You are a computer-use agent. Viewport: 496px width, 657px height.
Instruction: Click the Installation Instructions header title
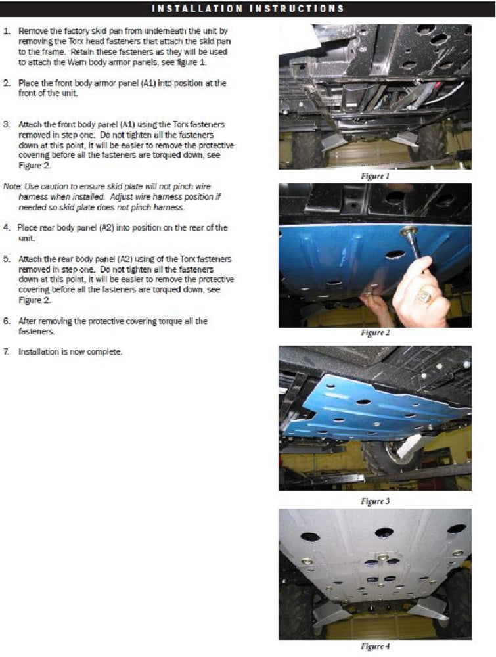pos(248,9)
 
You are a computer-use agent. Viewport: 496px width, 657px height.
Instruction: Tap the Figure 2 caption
pos(375,333)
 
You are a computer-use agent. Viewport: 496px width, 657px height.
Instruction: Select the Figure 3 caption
pos(375,501)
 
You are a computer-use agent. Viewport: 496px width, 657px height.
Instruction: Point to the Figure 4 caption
pos(375,646)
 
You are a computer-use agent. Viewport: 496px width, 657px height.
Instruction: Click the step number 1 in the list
pos(7,31)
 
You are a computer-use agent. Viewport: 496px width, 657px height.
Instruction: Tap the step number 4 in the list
pos(7,228)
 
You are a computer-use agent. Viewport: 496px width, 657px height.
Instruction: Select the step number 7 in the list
pos(7,351)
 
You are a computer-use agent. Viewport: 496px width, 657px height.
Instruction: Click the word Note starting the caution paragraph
pos(12,187)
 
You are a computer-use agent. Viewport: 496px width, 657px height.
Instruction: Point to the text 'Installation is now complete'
pos(70,351)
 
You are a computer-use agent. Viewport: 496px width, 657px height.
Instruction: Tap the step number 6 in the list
pos(7,321)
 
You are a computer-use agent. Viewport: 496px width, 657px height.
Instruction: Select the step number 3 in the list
pos(7,123)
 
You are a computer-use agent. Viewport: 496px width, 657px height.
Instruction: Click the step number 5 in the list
pos(7,260)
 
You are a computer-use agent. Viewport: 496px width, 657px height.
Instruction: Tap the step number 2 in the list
pos(7,83)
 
